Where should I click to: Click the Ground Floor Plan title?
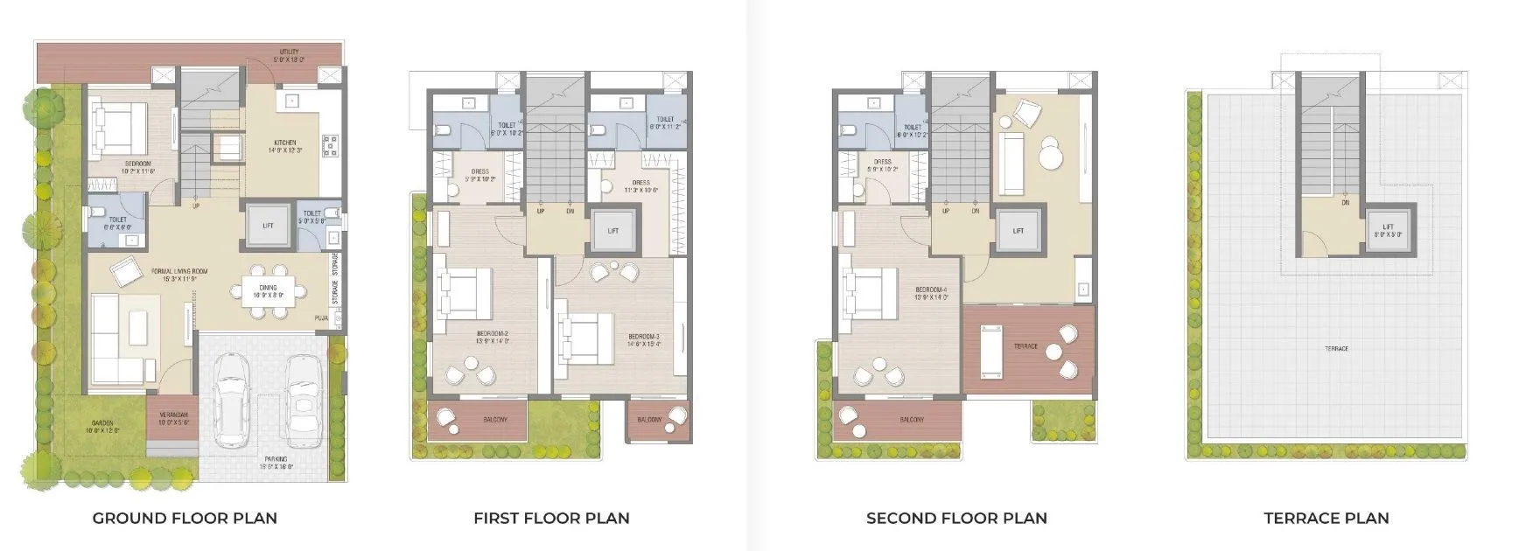tap(185, 518)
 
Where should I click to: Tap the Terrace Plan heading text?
tap(1326, 518)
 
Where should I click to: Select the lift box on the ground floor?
tap(268, 226)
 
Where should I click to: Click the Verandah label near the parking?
tap(173, 417)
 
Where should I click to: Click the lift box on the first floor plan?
tap(613, 231)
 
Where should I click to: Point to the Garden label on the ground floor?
tap(101, 426)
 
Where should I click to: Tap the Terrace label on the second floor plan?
tap(1025, 346)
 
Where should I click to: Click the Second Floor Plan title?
tap(956, 518)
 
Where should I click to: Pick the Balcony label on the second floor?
tap(912, 420)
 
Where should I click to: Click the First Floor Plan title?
tap(551, 518)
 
